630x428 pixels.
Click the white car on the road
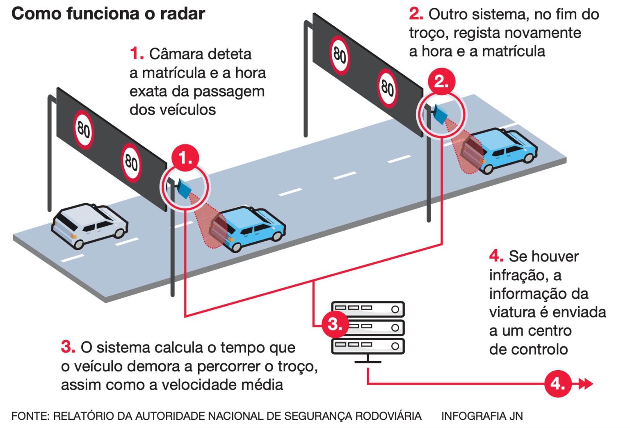click(89, 225)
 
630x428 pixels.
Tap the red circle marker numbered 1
click(185, 158)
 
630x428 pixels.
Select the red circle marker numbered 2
click(441, 81)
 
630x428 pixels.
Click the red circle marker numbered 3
click(335, 324)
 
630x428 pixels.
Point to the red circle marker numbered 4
click(558, 384)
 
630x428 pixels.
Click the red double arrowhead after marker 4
click(586, 384)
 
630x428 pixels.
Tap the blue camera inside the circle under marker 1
click(184, 188)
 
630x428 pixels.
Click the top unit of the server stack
click(368, 309)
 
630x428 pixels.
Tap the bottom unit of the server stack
click(368, 346)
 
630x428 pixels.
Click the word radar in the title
click(183, 14)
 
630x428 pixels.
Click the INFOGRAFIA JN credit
click(482, 416)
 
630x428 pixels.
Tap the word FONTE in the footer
click(30, 416)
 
